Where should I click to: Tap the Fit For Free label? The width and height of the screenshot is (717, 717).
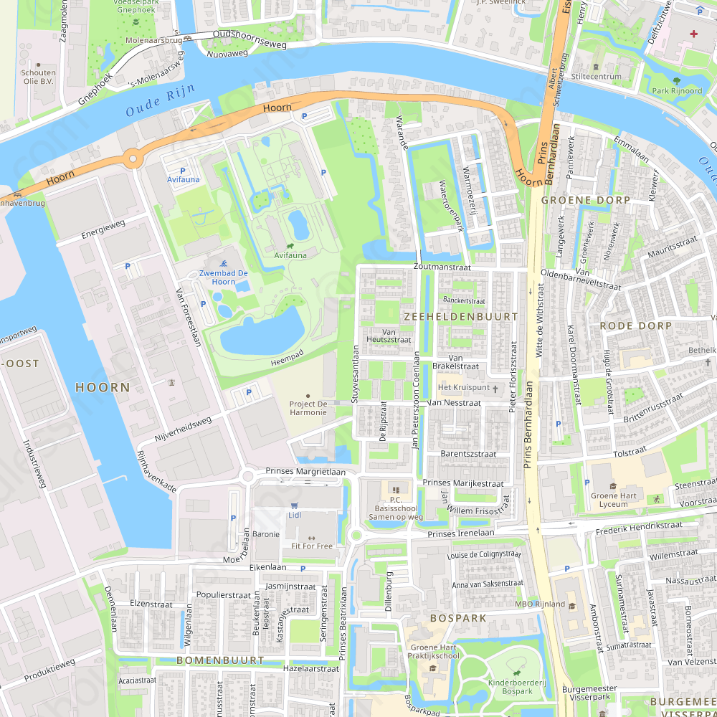click(311, 546)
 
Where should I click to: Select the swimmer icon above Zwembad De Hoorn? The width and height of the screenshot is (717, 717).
click(224, 263)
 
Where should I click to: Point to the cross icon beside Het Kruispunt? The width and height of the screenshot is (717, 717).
click(495, 388)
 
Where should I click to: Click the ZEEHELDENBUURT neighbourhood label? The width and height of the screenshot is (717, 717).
click(460, 316)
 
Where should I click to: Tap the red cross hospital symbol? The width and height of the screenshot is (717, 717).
click(693, 34)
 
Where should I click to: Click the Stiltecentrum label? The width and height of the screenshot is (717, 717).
click(597, 76)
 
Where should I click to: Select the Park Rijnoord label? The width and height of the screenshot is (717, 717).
click(677, 91)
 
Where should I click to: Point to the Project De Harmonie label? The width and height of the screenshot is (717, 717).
click(308, 408)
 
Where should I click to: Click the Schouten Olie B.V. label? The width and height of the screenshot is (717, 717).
click(38, 77)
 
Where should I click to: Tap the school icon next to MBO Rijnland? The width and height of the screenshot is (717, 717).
click(572, 604)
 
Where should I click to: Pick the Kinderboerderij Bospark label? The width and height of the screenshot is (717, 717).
click(516, 687)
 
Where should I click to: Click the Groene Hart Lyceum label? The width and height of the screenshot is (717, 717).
click(613, 500)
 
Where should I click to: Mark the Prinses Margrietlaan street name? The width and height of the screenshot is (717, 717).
click(305, 472)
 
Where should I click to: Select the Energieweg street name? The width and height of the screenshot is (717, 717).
click(103, 229)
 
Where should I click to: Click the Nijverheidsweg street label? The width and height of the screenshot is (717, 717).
click(184, 429)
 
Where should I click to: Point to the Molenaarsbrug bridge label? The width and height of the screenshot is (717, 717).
click(153, 42)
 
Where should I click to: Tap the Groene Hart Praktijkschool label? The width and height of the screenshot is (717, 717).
click(433, 651)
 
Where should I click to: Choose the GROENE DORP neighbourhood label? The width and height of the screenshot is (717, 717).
click(585, 200)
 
